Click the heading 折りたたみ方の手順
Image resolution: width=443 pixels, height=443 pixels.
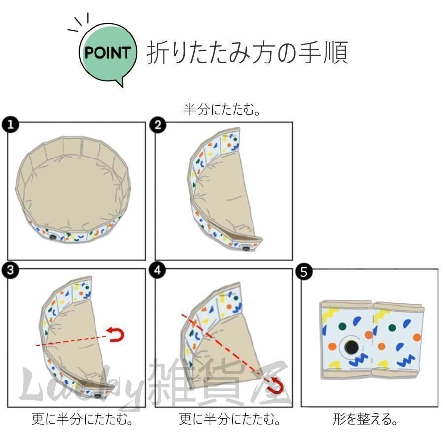(x=247, y=53)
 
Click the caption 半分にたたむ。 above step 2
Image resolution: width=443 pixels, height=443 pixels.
(x=222, y=109)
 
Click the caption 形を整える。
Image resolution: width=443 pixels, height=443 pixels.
(x=365, y=419)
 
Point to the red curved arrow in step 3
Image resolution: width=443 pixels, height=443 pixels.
(x=118, y=335)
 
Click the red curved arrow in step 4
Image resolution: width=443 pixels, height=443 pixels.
(x=276, y=385)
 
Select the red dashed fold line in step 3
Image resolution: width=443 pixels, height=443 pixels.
(x=74, y=340)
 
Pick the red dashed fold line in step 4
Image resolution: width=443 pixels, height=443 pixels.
(x=221, y=345)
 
